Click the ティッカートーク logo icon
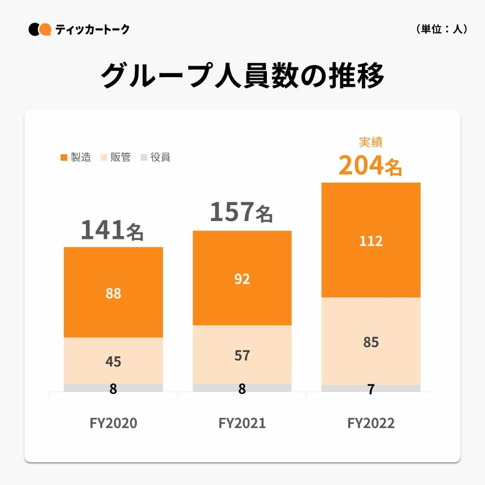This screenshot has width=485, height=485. (40, 29)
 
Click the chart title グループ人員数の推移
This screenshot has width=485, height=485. (242, 75)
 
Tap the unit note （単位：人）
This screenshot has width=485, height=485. (442, 29)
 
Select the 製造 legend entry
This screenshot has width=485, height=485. (76, 157)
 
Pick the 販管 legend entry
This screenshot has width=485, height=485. (116, 157)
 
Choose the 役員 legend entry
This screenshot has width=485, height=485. (155, 157)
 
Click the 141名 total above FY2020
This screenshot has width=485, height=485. (112, 230)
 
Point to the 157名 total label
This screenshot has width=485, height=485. (241, 212)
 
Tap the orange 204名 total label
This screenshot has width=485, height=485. (370, 166)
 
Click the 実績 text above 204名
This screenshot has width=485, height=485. (371, 142)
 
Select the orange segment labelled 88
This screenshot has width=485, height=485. (113, 293)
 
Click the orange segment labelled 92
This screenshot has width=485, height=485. (242, 278)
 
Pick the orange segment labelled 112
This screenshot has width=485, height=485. (371, 240)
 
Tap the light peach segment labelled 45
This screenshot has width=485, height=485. (113, 361)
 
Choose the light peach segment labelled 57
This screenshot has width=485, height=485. (242, 355)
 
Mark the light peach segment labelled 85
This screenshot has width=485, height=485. (371, 342)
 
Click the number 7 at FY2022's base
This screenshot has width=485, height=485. (371, 389)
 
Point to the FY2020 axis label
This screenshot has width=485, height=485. (113, 423)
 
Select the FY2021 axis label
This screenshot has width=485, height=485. (242, 423)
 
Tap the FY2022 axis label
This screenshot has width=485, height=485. (371, 423)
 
